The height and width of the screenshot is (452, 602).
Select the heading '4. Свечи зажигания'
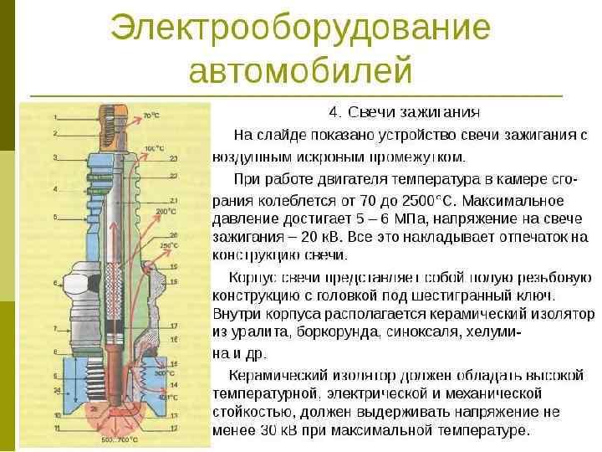(x=404, y=112)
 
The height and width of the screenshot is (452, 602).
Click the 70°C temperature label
(x=151, y=116)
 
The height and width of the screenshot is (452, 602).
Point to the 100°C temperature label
(x=154, y=148)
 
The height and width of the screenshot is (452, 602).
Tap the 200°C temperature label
(x=166, y=212)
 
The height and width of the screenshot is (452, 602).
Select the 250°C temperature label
(x=170, y=245)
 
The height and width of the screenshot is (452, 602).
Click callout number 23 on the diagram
(x=174, y=158)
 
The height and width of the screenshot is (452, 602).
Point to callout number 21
(x=174, y=201)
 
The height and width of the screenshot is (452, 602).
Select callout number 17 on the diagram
(x=174, y=325)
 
